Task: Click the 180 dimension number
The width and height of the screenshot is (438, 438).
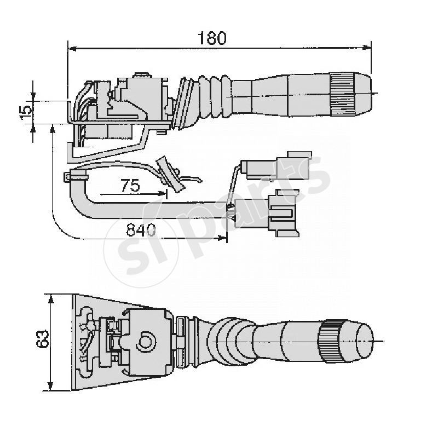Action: point(212,38)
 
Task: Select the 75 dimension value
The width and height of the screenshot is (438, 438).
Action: point(130,186)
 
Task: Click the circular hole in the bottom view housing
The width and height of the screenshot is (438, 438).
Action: point(146,342)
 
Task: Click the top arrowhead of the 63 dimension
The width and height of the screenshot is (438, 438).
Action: point(51,298)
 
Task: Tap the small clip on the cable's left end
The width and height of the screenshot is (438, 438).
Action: point(69,177)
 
